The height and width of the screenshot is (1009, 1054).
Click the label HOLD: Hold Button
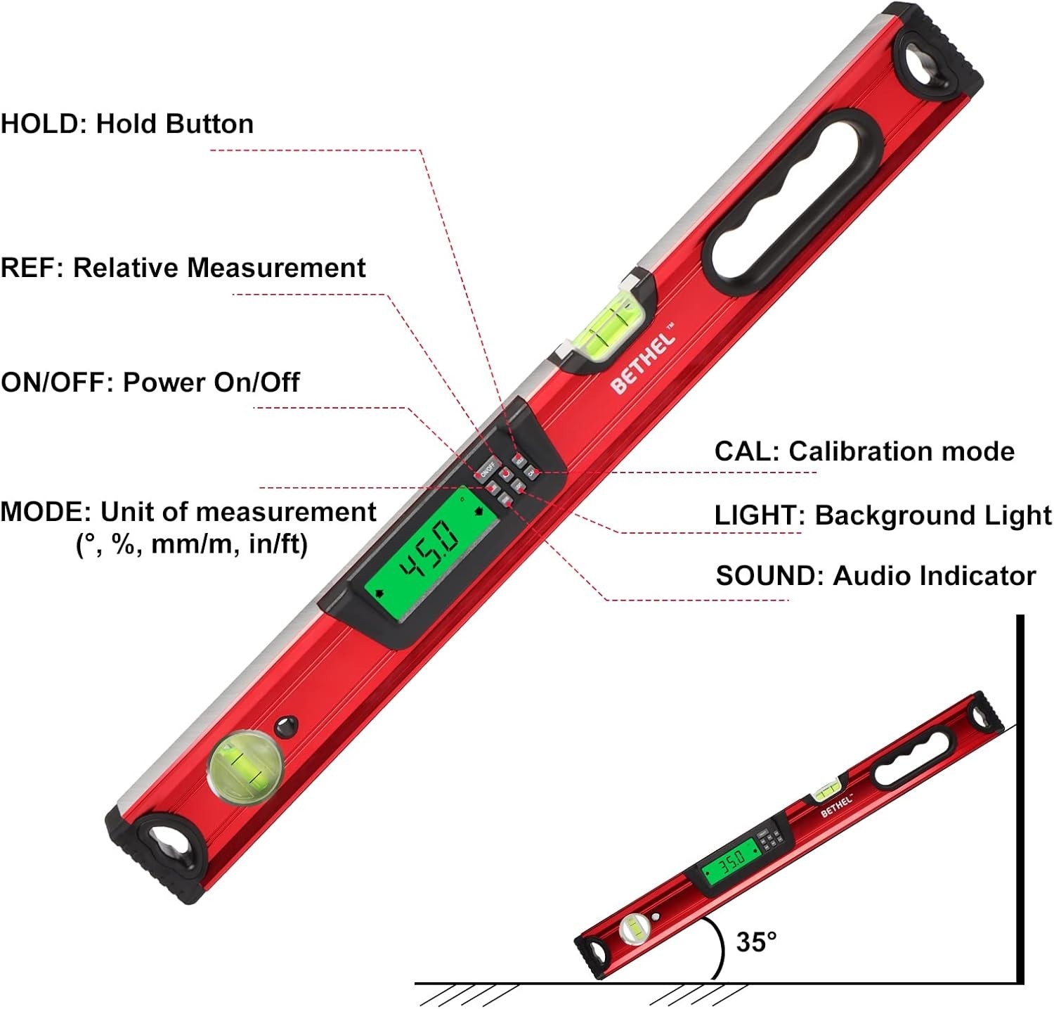point(126,124)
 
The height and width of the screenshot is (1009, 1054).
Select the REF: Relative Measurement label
point(183,268)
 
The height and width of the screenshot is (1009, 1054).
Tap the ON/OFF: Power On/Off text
point(150,383)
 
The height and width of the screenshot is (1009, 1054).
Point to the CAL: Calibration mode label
point(864,451)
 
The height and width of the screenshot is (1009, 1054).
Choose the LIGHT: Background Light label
point(883,515)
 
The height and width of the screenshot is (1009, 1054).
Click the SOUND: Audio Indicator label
point(875,576)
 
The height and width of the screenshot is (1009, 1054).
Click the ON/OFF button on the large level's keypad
point(488,468)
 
